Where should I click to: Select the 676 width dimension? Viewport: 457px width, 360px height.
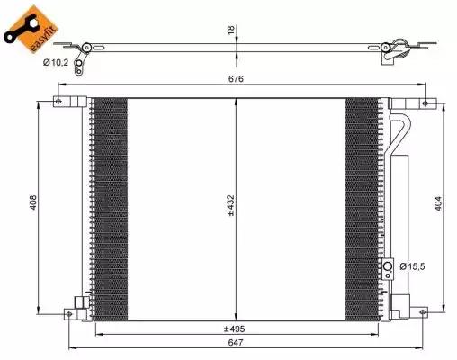tap(237, 79)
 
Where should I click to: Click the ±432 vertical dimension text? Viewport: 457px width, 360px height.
tap(230, 209)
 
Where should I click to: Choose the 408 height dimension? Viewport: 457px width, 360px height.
tap(31, 205)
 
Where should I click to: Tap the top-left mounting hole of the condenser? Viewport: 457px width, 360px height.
tap(60, 101)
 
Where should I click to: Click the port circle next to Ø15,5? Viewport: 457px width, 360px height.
tap(389, 266)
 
